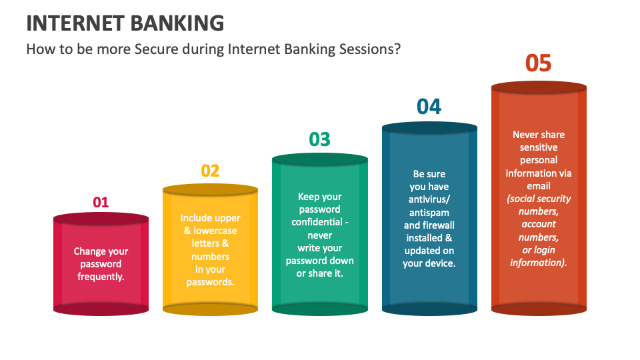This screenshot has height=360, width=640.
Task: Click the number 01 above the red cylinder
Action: pos(101,202)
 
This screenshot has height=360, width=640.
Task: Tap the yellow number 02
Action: pos(210,171)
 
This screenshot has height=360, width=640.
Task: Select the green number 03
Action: pos(319,139)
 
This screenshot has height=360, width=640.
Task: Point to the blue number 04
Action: pos(429,107)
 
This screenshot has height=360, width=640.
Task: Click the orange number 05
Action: pos(538,63)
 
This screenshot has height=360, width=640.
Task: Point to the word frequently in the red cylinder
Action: pos(101,277)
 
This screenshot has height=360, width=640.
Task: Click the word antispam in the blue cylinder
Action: pos(429,213)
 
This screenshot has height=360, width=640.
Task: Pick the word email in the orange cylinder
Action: pos(539,186)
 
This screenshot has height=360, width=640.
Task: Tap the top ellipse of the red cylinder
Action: pos(101,219)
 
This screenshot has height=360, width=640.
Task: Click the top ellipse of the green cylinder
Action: pos(319,159)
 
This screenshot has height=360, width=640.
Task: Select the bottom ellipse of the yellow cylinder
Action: pos(210,309)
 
